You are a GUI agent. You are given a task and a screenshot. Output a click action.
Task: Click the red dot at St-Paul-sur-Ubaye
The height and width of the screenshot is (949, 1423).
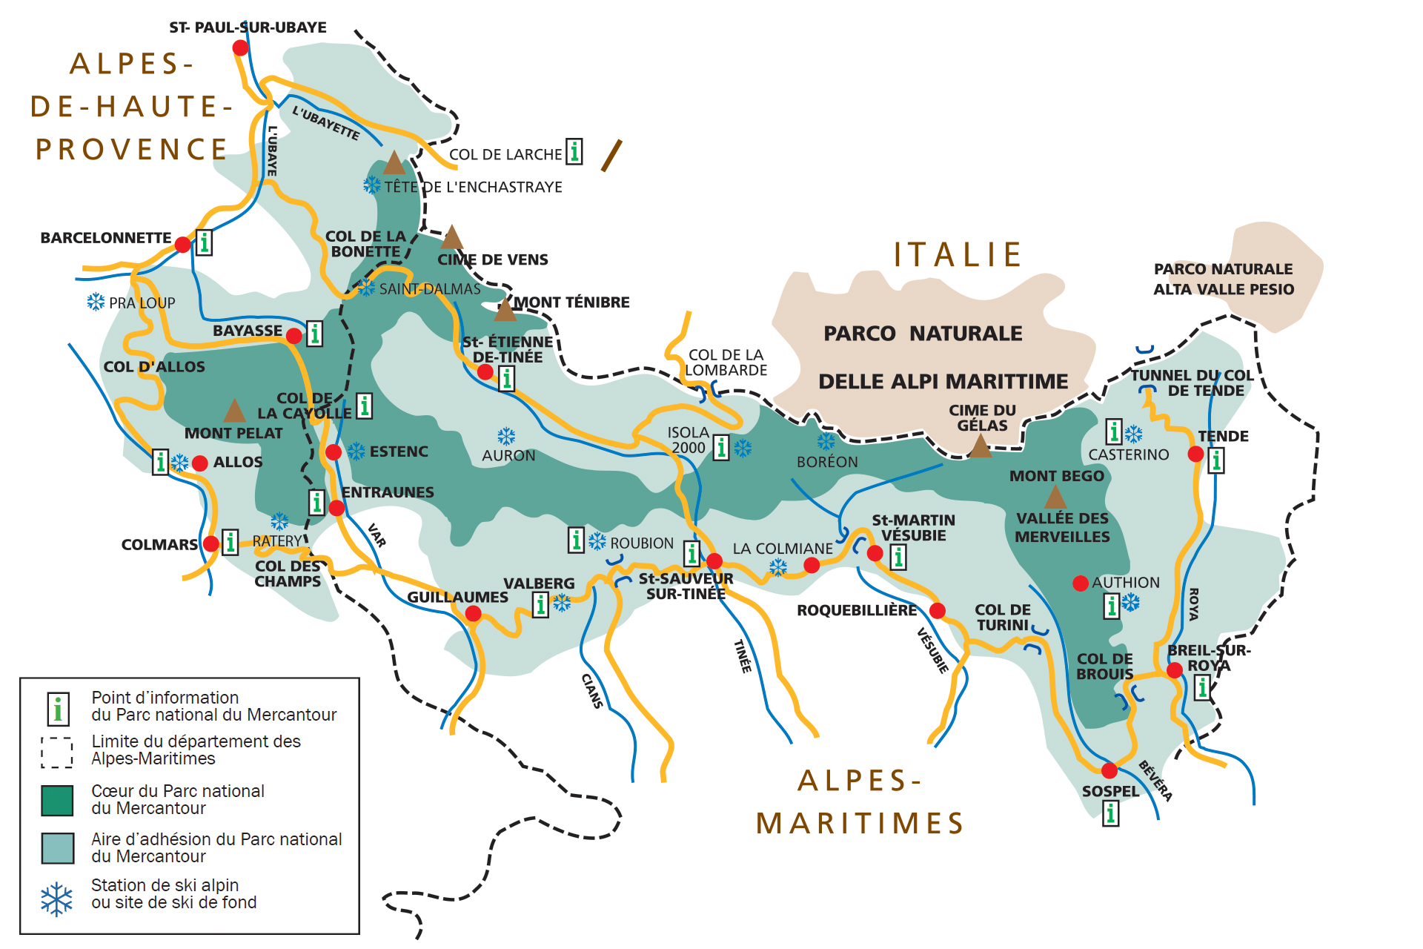(240, 47)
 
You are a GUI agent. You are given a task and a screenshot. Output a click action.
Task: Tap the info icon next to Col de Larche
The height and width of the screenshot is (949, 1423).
(574, 152)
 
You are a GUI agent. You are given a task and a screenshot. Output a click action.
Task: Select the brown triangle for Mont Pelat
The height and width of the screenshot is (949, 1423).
(234, 411)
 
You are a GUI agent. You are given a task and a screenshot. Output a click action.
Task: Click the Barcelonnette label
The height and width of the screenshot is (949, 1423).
(106, 238)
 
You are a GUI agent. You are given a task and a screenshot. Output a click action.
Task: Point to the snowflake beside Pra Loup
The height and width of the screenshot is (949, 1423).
(96, 302)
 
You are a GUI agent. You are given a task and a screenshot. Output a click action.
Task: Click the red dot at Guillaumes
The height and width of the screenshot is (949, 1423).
(473, 614)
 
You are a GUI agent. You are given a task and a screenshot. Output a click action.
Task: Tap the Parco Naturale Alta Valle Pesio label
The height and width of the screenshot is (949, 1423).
(1224, 280)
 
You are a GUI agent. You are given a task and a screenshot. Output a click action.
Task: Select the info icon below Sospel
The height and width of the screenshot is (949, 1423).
(1110, 814)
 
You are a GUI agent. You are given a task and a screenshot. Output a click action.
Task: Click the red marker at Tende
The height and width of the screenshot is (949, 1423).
(1195, 454)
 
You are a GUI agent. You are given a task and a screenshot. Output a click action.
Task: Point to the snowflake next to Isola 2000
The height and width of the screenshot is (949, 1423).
(743, 448)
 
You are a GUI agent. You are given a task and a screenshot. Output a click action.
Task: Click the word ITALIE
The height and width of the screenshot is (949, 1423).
(958, 255)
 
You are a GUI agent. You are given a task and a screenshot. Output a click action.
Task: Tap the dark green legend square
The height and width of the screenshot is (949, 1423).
(57, 800)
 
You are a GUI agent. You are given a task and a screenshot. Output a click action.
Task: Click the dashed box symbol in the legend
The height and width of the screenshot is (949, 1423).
(57, 752)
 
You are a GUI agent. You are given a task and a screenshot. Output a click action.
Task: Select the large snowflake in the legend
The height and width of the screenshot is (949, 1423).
(57, 899)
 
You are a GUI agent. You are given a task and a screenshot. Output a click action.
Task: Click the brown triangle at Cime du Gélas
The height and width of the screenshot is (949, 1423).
(980, 447)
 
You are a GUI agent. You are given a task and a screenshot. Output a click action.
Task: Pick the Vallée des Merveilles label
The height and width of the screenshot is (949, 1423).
(1062, 527)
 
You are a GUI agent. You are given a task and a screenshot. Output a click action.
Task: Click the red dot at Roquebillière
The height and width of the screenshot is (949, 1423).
(937, 610)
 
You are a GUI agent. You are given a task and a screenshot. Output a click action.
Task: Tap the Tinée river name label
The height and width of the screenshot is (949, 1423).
(742, 656)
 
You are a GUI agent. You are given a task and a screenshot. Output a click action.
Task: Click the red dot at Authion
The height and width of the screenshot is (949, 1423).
(1081, 583)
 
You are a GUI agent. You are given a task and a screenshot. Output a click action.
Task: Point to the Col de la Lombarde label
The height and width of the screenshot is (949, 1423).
(726, 363)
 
